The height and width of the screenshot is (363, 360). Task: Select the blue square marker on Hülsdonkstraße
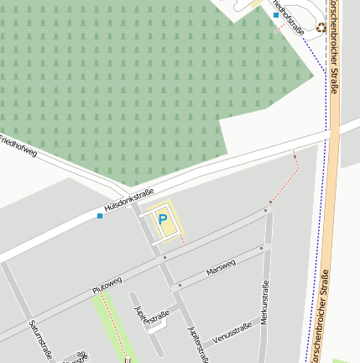tap(100, 216)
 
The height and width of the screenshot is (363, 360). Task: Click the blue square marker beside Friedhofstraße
tap(275, 15)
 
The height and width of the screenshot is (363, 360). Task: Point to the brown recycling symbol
tap(321, 28)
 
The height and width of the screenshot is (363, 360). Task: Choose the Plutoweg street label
tap(108, 283)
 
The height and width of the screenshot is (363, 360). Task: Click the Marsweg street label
tap(221, 269)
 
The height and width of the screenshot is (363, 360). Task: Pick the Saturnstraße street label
tap(39, 339)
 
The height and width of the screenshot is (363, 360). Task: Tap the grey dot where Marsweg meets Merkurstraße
tap(263, 248)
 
